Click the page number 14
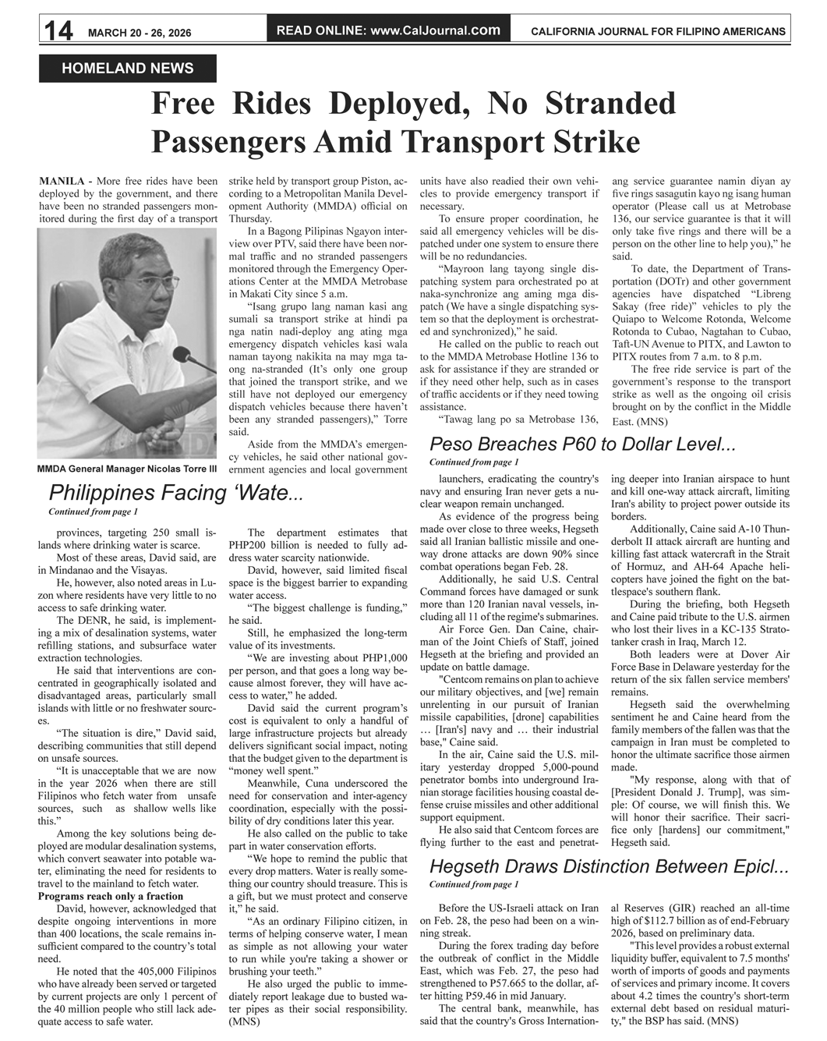pos(58,30)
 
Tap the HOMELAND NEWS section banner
pos(128,69)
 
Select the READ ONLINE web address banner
pos(388,30)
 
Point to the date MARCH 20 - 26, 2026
pos(140,32)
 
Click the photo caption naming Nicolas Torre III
pos(127,469)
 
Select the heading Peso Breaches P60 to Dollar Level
pos(582,444)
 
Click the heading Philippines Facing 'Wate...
pos(175,493)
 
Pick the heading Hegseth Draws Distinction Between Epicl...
pos(609,866)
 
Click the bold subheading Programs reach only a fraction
pos(111,896)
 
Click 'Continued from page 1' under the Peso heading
pos(473,462)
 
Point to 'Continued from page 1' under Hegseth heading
pos(473,884)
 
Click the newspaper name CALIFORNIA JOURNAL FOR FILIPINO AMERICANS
pos(658,31)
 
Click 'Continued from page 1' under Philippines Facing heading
pos(93,512)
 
